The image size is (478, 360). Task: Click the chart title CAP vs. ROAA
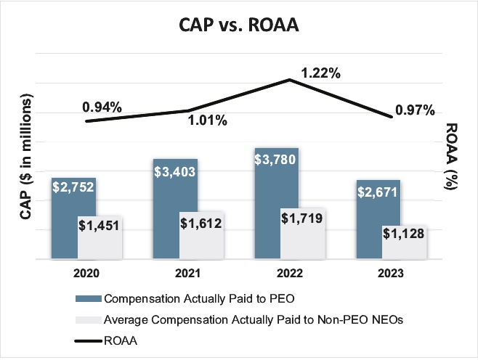pos(238,24)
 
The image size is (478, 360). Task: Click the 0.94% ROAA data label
pos(102,107)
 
